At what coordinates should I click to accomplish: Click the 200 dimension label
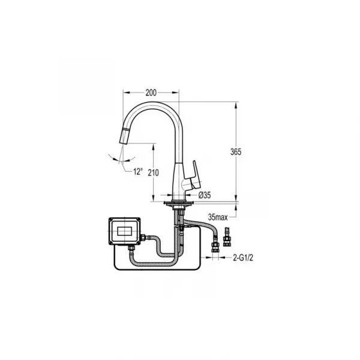[151, 92]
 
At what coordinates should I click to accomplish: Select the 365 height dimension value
[236, 152]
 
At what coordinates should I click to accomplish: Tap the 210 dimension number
[153, 172]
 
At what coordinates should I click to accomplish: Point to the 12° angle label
[138, 171]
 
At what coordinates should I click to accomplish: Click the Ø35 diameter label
[205, 195]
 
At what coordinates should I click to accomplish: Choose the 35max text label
[218, 217]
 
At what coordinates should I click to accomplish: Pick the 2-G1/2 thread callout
[243, 258]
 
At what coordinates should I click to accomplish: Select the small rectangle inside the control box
[124, 231]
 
